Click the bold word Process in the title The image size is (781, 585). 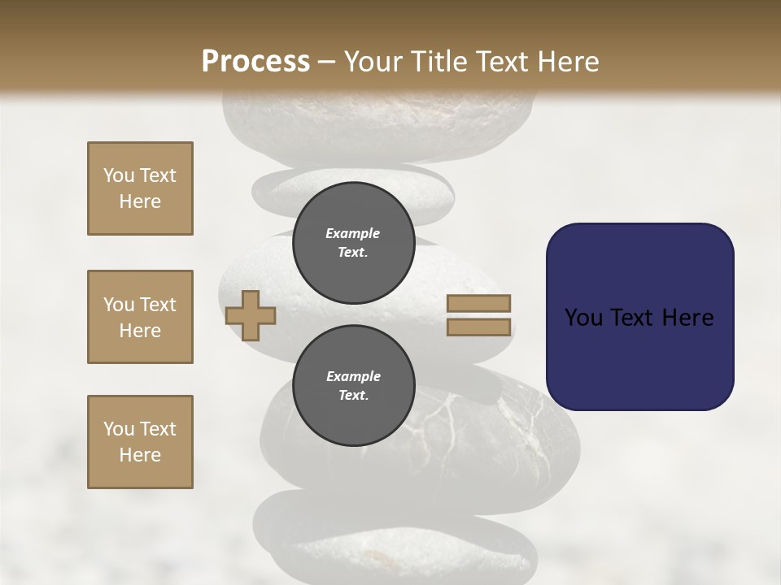[255, 62]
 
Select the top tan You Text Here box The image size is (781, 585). [140, 188]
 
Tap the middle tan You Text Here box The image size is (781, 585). [140, 317]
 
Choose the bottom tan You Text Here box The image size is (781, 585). [140, 442]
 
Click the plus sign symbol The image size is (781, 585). [251, 315]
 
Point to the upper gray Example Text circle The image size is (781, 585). [353, 243]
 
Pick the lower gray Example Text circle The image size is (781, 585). [353, 386]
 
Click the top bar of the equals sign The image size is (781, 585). [478, 303]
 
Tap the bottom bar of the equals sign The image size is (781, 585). [478, 327]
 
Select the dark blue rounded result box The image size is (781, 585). [639, 317]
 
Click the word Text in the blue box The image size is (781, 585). [641, 318]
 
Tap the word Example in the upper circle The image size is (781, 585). [353, 234]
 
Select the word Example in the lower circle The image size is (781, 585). [353, 377]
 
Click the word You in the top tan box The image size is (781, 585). [118, 175]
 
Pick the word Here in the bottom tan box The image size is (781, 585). [140, 456]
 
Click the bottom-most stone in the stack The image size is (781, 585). [395, 540]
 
